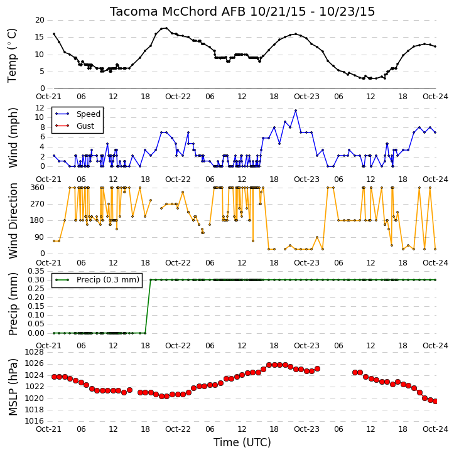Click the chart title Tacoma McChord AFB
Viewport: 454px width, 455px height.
click(178, 12)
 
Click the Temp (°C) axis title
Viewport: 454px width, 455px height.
click(12, 55)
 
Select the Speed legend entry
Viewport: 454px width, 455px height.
click(77, 114)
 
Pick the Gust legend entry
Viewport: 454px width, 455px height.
click(75, 126)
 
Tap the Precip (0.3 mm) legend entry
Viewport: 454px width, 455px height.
click(97, 280)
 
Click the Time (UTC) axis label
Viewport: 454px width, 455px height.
click(242, 442)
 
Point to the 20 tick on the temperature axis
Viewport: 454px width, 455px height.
click(40, 20)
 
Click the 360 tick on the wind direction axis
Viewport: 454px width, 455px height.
click(38, 188)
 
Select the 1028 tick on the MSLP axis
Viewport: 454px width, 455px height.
click(35, 352)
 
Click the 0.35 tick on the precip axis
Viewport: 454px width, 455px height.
click(36, 271)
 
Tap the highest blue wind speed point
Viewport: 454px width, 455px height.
click(296, 110)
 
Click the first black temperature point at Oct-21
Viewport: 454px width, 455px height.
click(54, 34)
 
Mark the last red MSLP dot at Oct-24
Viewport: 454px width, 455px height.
click(435, 401)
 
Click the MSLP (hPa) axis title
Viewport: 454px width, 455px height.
click(13, 387)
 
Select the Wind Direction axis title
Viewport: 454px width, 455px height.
click(13, 221)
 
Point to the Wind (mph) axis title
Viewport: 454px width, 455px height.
click(13, 137)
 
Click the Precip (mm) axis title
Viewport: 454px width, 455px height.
click(13, 304)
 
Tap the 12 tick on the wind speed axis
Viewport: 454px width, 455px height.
click(40, 108)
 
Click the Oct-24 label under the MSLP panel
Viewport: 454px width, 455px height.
click(435, 429)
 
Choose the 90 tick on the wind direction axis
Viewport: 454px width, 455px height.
click(40, 237)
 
